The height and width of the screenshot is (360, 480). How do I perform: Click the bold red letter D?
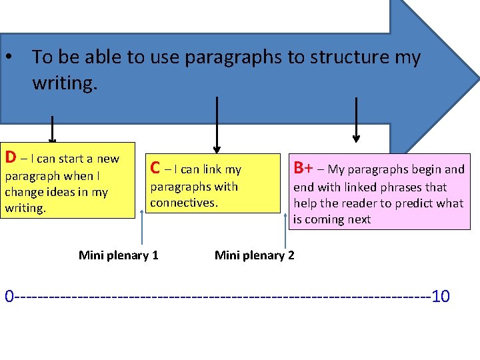click(x=11, y=158)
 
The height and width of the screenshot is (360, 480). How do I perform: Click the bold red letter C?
click(x=155, y=168)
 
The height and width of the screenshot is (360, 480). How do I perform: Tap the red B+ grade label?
click(x=303, y=168)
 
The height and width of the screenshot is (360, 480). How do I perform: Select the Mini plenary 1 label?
click(x=118, y=255)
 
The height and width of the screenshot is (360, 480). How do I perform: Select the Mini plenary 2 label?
click(x=254, y=255)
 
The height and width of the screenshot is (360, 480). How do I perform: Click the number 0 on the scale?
click(x=9, y=296)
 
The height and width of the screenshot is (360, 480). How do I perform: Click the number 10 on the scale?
click(x=441, y=296)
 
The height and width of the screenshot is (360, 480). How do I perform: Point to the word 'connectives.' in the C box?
click(x=184, y=202)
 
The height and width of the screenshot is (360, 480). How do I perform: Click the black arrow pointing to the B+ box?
click(x=356, y=120)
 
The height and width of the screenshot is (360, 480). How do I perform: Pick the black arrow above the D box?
click(x=52, y=130)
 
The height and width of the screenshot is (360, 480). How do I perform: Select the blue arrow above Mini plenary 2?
click(x=279, y=229)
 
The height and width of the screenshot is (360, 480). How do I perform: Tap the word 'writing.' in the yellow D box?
click(x=25, y=208)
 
